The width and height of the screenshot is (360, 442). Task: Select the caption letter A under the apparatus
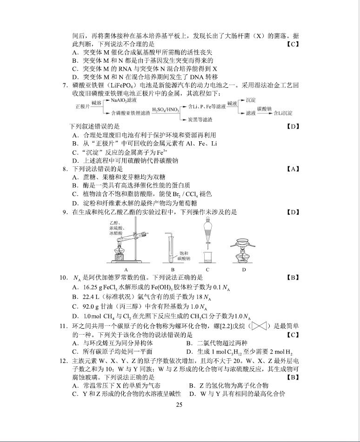coord(126,269)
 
